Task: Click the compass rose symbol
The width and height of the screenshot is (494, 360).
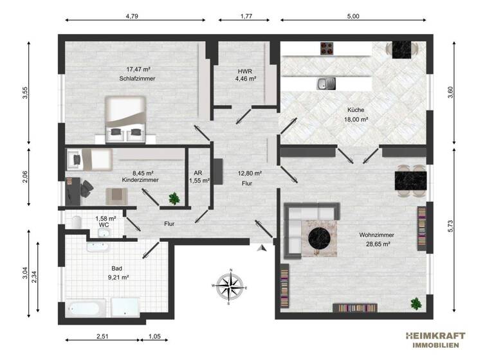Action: point(230,284)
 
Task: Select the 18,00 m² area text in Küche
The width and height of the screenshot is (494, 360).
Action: point(355,120)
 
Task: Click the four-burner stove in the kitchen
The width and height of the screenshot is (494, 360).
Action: point(327,48)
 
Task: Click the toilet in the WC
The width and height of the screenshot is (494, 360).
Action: point(77,222)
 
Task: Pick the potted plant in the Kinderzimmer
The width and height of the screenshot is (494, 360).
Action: point(173,199)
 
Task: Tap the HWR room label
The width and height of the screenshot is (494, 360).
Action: point(245,70)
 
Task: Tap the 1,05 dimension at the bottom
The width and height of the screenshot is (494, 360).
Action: point(155,336)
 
